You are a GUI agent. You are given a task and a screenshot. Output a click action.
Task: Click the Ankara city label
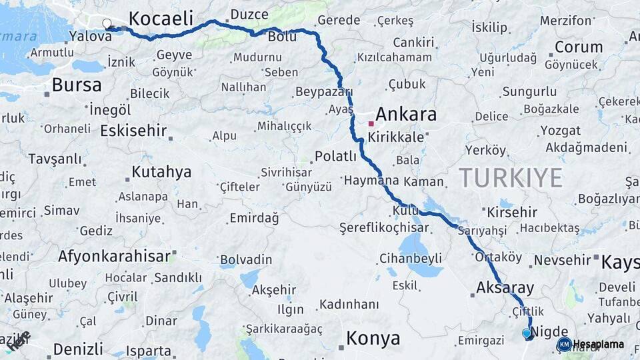point(406,114)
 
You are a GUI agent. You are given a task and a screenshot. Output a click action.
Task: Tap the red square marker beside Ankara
point(371,123)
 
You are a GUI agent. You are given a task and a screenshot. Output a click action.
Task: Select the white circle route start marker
point(107,24)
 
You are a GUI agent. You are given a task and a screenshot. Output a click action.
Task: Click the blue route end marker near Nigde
point(527,333)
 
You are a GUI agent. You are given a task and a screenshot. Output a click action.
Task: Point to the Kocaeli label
point(161,17)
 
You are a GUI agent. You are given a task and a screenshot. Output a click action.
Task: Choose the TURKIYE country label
point(511,178)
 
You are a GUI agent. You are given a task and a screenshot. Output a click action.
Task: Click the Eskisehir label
point(133,130)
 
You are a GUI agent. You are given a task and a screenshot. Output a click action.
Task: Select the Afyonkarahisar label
point(114,256)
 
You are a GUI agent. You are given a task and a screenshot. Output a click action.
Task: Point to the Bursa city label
point(77,85)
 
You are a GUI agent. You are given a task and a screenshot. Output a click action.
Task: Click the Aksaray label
point(505,288)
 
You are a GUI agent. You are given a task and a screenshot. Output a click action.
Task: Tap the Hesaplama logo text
point(599,344)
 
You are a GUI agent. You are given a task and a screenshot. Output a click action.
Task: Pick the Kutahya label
point(161,172)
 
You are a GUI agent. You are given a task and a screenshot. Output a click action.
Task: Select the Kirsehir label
point(512,212)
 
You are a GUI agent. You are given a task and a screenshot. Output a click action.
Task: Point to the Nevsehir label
point(563,259)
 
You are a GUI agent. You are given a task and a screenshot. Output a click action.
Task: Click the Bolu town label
point(282,37)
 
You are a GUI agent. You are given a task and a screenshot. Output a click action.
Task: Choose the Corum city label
point(579,47)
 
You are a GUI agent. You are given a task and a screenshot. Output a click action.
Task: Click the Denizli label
point(78,349)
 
